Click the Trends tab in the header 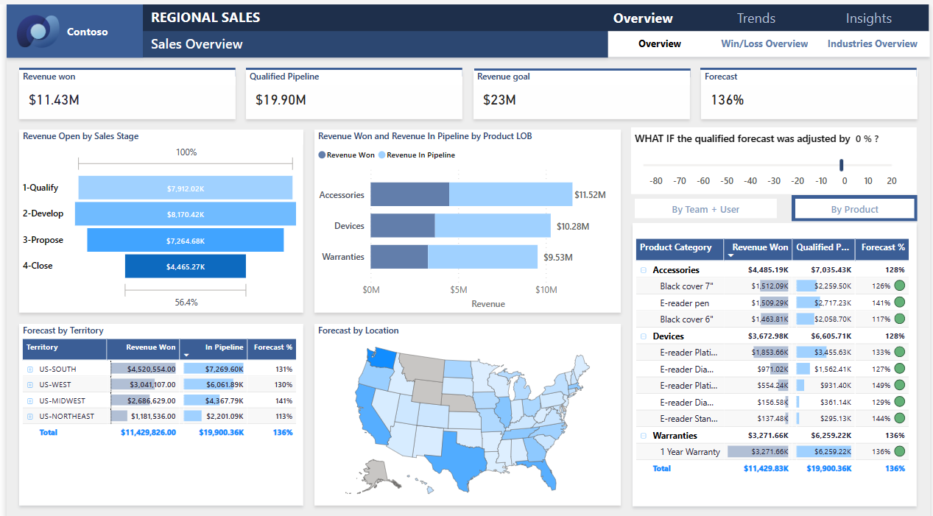click(756, 18)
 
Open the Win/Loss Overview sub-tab click(764, 43)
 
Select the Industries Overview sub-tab click(872, 43)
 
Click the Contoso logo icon click(37, 32)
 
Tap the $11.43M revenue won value click(54, 99)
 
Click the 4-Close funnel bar click(185, 266)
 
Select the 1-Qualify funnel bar click(185, 188)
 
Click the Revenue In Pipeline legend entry click(416, 155)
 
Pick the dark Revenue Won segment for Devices click(402, 225)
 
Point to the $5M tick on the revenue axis click(459, 289)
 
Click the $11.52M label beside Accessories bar click(591, 195)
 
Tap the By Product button click(854, 209)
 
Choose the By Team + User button click(705, 209)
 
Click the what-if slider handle click(842, 165)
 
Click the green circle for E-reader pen click(899, 303)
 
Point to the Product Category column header click(675, 247)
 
